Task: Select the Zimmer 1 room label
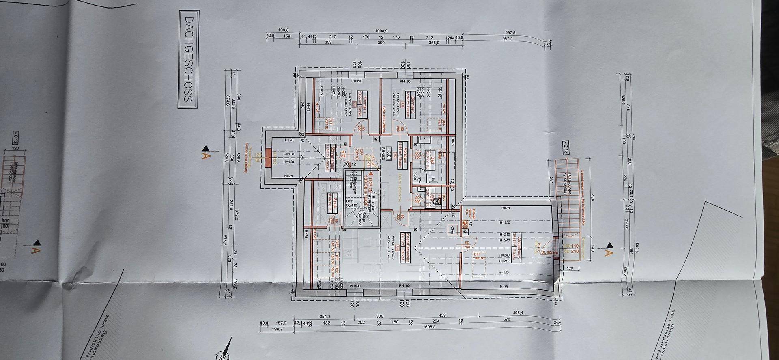click(x=362, y=105)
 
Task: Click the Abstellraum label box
click(x=516, y=248)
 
